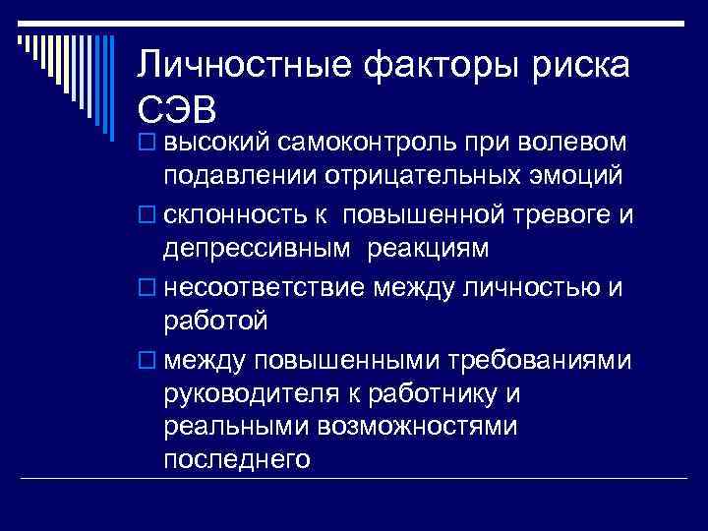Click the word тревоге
[547, 213]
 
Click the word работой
[215, 320]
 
